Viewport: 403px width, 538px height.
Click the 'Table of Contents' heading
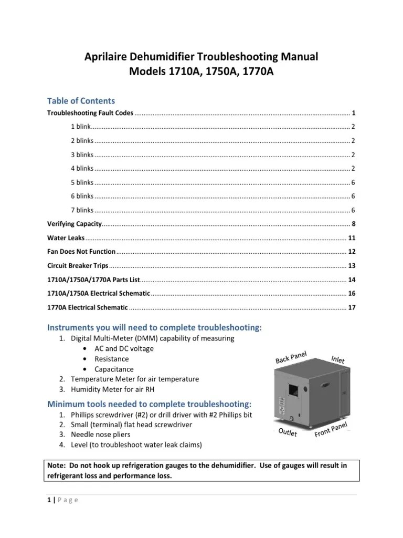click(x=81, y=100)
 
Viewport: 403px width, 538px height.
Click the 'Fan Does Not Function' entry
click(x=81, y=251)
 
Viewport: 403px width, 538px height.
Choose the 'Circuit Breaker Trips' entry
click(x=78, y=265)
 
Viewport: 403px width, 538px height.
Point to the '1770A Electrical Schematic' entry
click(x=87, y=307)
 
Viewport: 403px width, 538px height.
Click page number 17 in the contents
click(x=352, y=307)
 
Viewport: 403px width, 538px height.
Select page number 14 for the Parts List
click(x=352, y=279)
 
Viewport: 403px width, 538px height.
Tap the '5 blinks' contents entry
click(x=82, y=182)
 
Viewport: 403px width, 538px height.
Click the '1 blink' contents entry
click(x=81, y=127)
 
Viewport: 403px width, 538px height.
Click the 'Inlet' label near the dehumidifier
click(x=338, y=359)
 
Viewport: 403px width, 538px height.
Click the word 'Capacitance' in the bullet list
click(x=114, y=369)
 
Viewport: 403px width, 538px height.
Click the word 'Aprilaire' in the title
click(x=108, y=56)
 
